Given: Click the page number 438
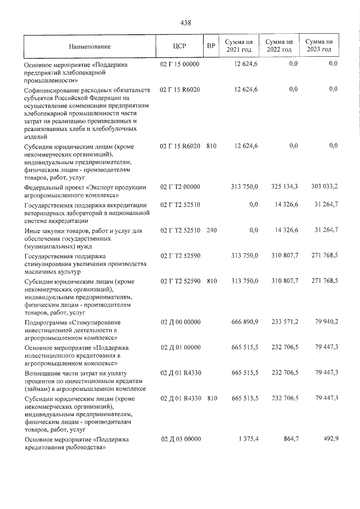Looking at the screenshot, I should tap(186, 22).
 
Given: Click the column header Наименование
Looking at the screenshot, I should tap(90, 46).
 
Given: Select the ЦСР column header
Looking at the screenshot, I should tap(180, 46).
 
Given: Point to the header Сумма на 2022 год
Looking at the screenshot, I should tap(279, 46).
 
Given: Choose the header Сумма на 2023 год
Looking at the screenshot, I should tap(318, 46).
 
